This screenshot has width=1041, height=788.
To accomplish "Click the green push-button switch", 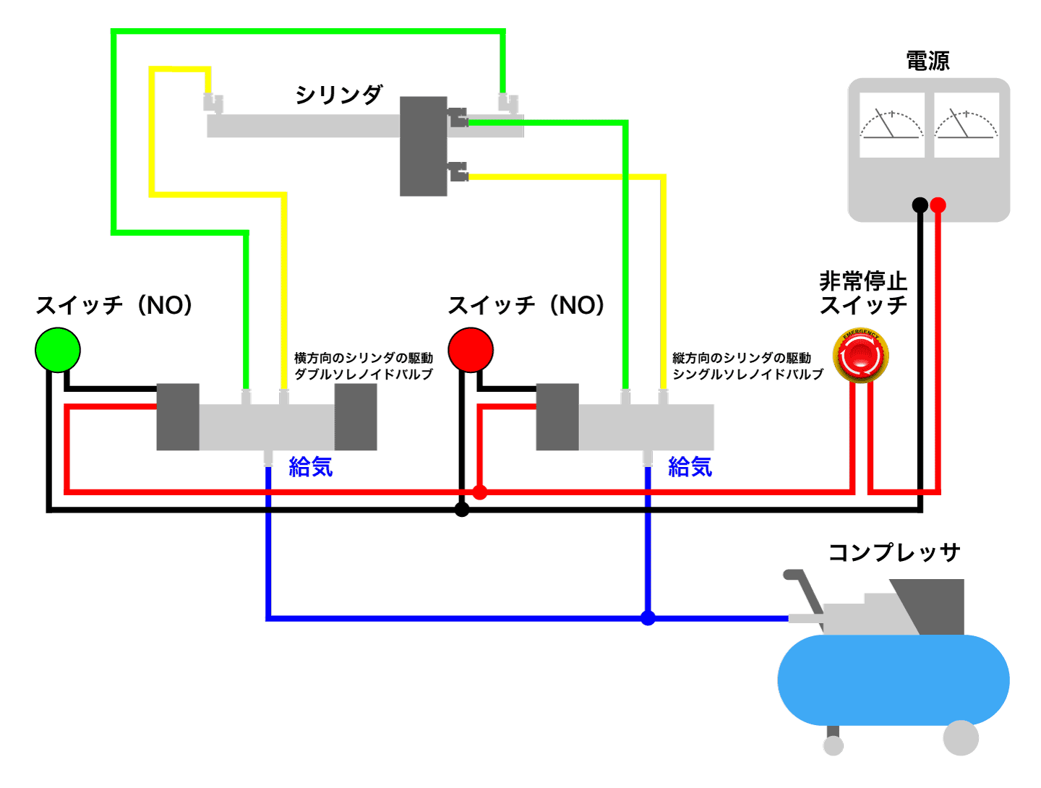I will [x=58, y=350].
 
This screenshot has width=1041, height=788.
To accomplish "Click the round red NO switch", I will [x=471, y=350].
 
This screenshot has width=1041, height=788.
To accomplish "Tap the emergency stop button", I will [x=860, y=356].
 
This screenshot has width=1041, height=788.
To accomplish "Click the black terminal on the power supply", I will [x=920, y=205].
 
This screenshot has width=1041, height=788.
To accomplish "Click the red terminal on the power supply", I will [x=938, y=205].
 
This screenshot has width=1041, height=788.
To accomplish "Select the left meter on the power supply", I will [x=891, y=125].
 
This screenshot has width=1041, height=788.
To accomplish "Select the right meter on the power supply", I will [x=967, y=125].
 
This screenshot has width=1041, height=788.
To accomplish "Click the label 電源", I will [x=928, y=61].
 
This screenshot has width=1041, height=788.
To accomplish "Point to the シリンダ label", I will [x=338, y=95].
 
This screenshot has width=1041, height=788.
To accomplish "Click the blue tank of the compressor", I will [x=894, y=680].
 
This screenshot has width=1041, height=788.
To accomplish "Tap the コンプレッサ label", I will [x=894, y=553].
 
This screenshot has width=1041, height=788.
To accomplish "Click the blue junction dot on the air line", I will [x=648, y=618].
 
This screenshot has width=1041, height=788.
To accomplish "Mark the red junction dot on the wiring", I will [x=480, y=492].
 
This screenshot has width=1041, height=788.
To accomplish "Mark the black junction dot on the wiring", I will [x=462, y=510].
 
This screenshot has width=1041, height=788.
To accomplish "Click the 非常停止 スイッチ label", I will [x=863, y=292].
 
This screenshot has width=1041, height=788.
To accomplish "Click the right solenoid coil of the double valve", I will [x=356, y=417].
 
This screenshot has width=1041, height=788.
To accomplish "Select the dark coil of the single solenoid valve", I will [x=557, y=417].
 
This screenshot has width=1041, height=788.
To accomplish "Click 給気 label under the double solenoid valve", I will [x=310, y=467].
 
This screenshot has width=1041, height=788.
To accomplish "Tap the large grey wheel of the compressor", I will [x=961, y=738].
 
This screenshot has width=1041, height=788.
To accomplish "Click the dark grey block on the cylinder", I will [x=424, y=147].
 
